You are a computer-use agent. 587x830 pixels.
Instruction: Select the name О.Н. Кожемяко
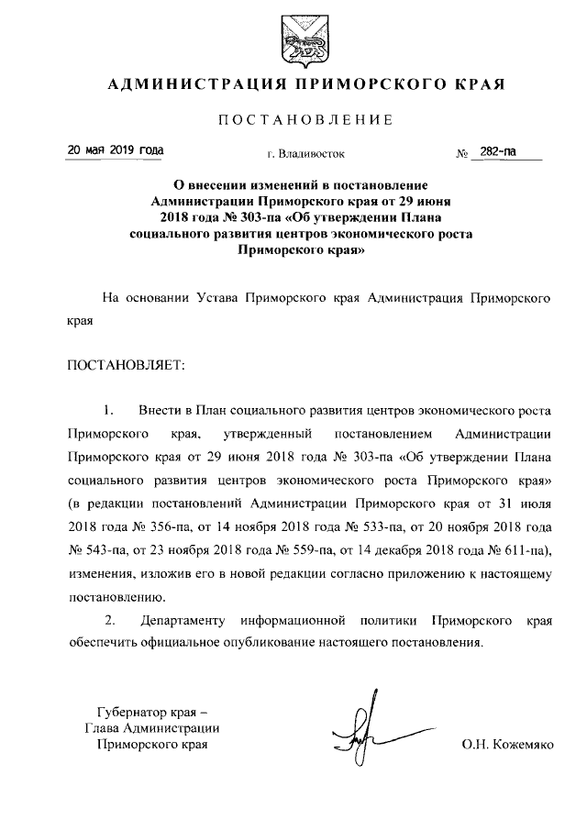(508, 746)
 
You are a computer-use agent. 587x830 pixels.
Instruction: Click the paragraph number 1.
(108, 407)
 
